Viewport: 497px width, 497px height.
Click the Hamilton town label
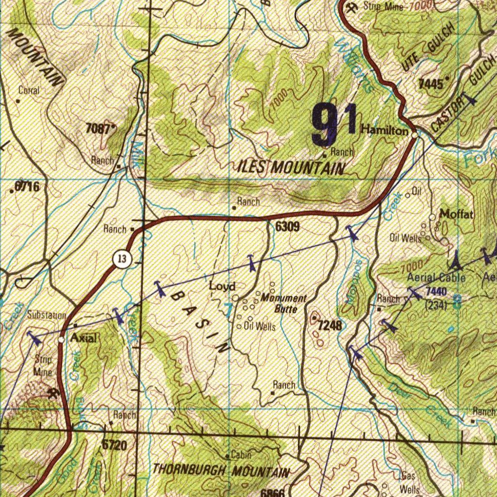coord(385,130)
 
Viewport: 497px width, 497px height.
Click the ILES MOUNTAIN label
coord(292,168)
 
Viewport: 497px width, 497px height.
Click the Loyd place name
coord(222,286)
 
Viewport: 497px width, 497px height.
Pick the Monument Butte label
coord(283,303)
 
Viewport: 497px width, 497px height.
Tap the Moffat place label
coord(457,214)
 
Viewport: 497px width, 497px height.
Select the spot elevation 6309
coord(287,226)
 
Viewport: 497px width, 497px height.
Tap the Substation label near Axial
coord(46,315)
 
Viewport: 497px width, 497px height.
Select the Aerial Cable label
coord(436,278)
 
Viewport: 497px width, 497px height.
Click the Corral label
coord(29,90)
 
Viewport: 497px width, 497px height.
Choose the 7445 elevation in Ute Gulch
coord(431,83)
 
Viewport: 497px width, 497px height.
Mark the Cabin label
coord(241,455)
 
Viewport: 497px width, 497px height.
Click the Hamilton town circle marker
coord(414,135)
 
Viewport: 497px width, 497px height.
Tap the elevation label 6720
coord(114,445)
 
